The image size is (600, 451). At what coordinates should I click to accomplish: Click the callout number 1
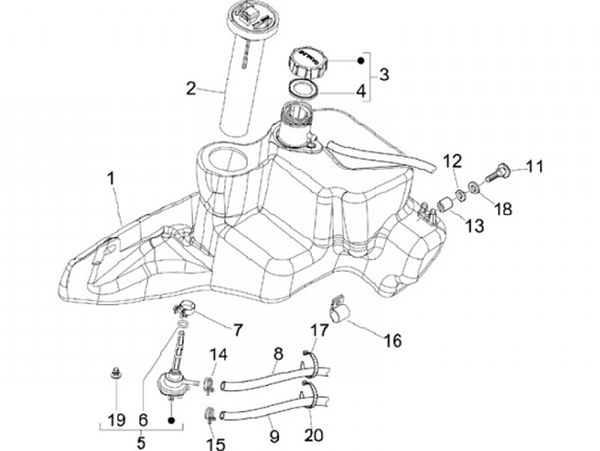click(x=110, y=179)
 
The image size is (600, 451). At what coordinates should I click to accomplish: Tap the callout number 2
click(x=191, y=88)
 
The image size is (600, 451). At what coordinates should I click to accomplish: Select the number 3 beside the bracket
click(x=383, y=73)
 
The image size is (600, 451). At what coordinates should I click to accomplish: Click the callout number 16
click(x=392, y=340)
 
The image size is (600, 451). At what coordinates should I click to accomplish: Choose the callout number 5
click(x=141, y=443)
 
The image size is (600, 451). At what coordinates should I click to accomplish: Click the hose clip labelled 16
click(x=342, y=311)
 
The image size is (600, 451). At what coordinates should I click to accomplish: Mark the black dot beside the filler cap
click(x=360, y=60)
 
